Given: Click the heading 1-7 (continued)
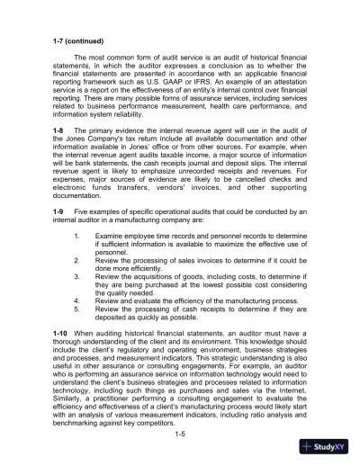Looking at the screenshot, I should coord(76,41).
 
